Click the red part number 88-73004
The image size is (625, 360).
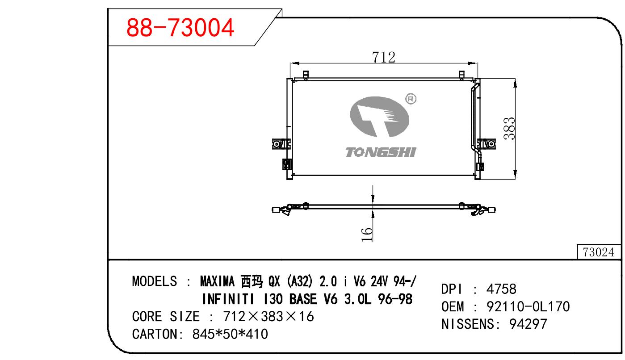click(180, 27)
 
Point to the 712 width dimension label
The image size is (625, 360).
click(384, 57)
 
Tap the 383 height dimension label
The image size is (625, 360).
click(509, 128)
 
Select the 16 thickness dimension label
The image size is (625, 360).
click(367, 234)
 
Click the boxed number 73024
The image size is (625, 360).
click(599, 252)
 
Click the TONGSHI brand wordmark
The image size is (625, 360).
click(381, 152)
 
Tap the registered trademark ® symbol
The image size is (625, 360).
click(411, 99)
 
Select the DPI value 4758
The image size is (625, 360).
click(501, 289)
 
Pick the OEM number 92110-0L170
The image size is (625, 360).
click(528, 306)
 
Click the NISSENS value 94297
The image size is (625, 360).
click(528, 324)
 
